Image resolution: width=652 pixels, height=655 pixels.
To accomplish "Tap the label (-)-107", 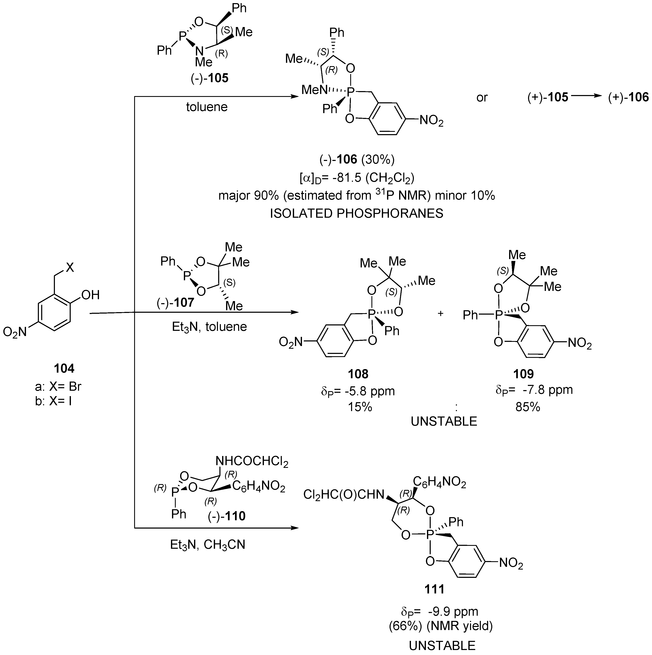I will (x=175, y=302).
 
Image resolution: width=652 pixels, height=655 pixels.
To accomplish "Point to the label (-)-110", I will (x=226, y=516).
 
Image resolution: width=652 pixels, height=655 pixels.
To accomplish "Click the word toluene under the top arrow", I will (x=207, y=107).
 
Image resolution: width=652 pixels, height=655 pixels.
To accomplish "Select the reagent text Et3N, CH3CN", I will (x=208, y=545).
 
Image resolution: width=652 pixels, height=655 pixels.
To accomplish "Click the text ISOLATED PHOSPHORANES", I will (x=356, y=214).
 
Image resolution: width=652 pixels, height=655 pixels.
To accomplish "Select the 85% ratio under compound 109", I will (x=528, y=407).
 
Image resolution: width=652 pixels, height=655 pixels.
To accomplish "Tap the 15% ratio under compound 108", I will (x=360, y=407).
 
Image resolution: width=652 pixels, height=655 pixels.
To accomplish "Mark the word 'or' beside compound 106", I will (x=482, y=98).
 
